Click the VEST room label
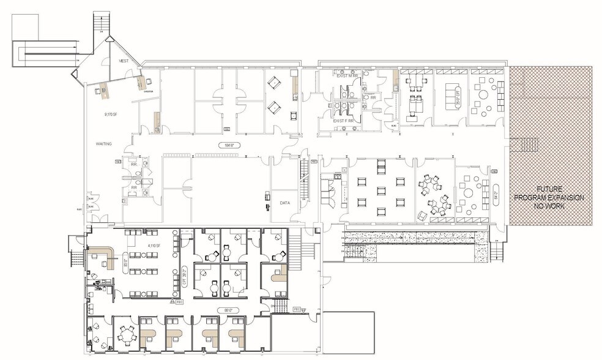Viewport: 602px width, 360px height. (124, 61)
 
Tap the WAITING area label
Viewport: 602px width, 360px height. (103, 143)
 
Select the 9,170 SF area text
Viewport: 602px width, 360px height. (110, 114)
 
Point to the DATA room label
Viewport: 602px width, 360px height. (285, 202)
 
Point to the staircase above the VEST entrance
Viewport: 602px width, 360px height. (99, 23)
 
